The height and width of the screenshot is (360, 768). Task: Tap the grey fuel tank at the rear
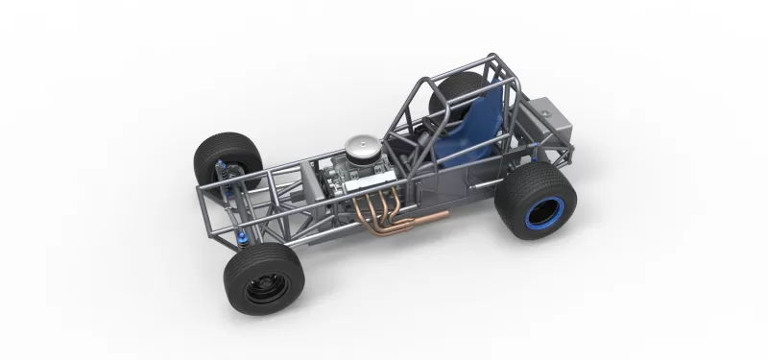pyautogui.click(x=548, y=122)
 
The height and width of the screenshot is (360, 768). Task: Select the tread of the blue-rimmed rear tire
pyautogui.click(x=514, y=197)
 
